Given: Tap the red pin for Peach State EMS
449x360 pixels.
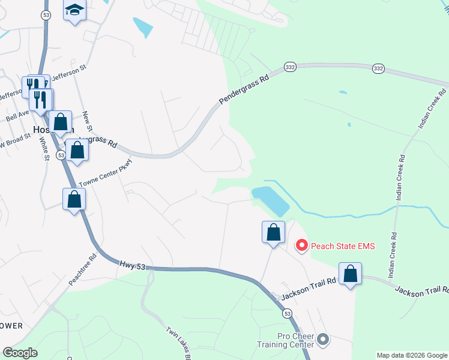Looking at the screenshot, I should (x=302, y=245).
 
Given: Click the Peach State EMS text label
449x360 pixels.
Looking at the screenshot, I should (x=342, y=245).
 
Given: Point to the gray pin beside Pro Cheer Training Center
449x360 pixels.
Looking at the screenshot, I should (x=323, y=340).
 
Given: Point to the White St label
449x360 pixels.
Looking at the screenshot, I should (x=44, y=148).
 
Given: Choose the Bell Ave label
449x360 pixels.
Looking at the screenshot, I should (x=17, y=114).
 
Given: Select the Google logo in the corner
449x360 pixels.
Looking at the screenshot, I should (x=20, y=353).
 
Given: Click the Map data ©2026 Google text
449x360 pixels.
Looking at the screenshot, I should (x=412, y=355).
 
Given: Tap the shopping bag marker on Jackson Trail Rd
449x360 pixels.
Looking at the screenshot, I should (x=350, y=274).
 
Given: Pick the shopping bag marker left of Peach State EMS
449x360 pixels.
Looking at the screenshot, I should (x=273, y=232).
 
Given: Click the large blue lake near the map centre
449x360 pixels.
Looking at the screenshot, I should (x=271, y=200).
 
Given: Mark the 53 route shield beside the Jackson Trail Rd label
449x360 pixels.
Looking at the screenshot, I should (x=288, y=313).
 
